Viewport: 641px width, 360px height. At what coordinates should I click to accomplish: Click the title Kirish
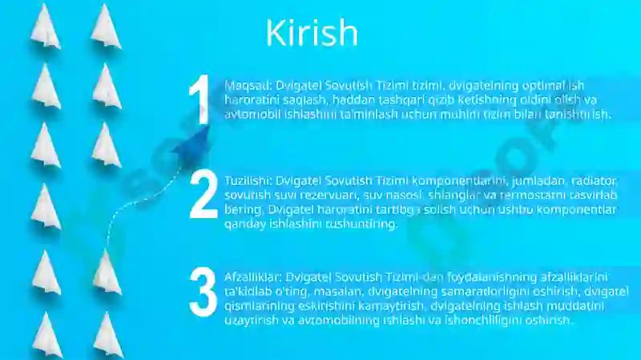(x=311, y=34)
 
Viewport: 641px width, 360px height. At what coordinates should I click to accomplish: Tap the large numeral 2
(x=204, y=194)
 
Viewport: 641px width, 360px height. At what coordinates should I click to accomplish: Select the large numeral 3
(x=203, y=291)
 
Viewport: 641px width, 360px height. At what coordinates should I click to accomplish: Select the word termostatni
(x=526, y=195)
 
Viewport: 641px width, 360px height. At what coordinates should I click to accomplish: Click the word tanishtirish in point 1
(x=575, y=115)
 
